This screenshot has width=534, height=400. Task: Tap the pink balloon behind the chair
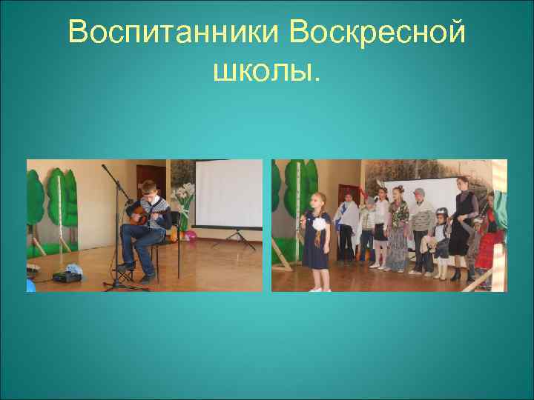(190, 236)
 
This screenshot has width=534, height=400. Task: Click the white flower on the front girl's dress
(320, 224)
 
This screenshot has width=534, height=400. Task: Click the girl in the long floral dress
(398, 230)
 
